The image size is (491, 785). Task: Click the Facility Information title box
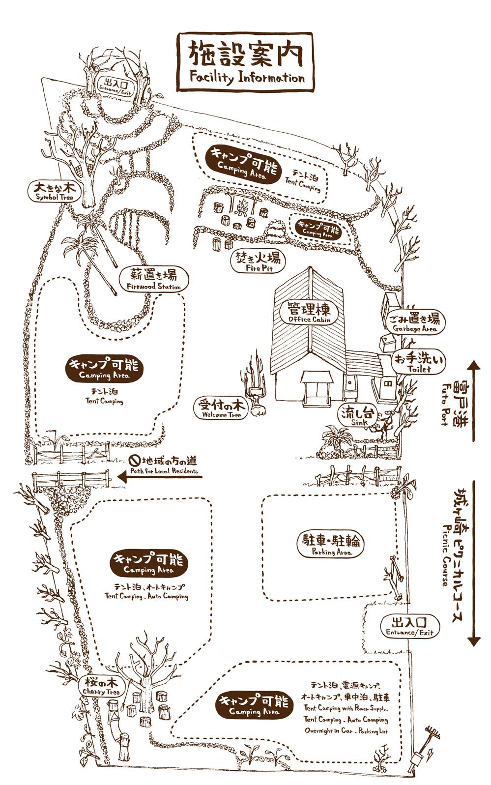(x=245, y=62)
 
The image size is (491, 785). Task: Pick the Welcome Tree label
(x=221, y=408)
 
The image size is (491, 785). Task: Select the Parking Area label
(x=331, y=545)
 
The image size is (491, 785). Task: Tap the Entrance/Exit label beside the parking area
(x=410, y=626)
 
